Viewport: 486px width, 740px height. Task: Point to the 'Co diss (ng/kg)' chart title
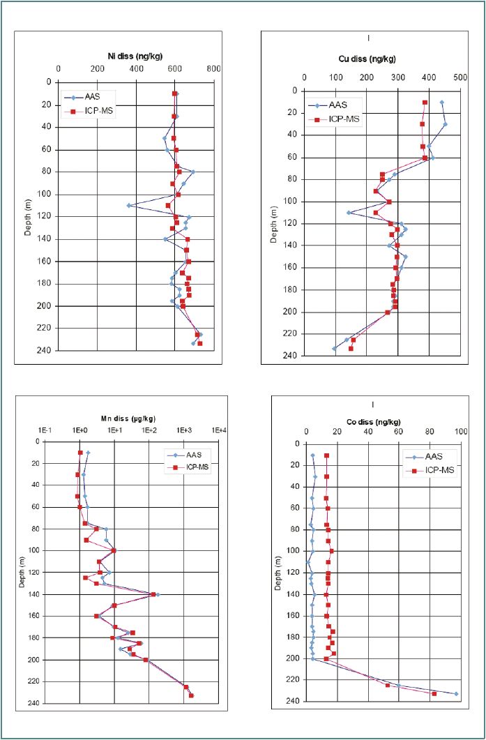(374, 422)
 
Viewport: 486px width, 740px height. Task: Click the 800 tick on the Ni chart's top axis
(214, 69)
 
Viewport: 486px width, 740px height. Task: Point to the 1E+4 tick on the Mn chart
(220, 430)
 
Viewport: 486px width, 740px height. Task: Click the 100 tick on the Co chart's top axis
(460, 432)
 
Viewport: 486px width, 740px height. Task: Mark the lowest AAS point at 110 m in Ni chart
(129, 205)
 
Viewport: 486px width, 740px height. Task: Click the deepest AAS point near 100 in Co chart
(456, 693)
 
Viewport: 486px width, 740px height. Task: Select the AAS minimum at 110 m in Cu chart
(349, 212)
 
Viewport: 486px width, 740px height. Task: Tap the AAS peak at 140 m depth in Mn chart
(158, 594)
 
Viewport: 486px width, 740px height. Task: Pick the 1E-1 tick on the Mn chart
(46, 430)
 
